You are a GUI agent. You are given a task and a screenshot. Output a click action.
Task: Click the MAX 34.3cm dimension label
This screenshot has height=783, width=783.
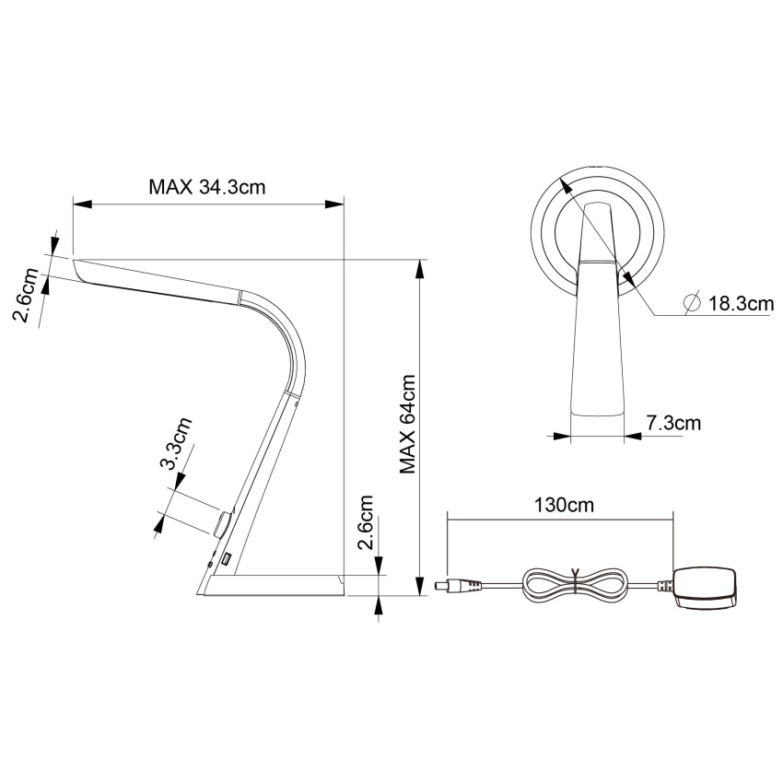click(x=207, y=187)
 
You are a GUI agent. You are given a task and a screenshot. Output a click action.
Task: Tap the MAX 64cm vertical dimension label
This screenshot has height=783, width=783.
click(x=408, y=424)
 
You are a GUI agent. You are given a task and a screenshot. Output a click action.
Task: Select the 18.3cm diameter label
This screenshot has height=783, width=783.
click(x=741, y=303)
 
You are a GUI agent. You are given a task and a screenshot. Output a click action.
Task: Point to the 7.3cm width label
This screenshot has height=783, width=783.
click(x=673, y=423)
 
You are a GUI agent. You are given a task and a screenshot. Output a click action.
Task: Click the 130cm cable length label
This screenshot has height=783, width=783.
click(x=565, y=505)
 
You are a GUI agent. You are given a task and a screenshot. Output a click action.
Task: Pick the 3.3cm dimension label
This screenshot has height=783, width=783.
click(x=175, y=443)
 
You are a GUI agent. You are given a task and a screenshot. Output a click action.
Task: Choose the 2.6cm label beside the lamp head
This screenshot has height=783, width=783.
click(x=25, y=295)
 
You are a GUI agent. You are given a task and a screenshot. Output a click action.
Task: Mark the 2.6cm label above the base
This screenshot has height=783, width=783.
click(x=366, y=521)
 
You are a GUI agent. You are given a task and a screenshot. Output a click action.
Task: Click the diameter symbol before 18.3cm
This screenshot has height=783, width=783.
click(x=692, y=302)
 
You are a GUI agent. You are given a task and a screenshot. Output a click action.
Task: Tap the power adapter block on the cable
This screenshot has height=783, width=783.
click(x=705, y=588)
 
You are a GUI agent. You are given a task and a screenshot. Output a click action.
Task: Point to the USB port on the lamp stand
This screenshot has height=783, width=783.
click(x=228, y=559)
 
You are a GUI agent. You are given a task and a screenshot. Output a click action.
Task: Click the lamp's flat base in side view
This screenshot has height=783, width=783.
click(x=276, y=585)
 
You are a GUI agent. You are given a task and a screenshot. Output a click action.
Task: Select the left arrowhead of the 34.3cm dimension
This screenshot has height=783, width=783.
click(x=83, y=204)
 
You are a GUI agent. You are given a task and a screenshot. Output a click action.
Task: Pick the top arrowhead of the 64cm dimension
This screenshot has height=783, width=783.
click(x=421, y=269)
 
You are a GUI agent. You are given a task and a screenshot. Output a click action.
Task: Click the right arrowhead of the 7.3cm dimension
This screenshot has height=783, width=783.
click(x=633, y=436)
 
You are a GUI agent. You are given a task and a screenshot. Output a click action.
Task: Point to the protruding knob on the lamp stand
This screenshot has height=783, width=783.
click(x=223, y=522)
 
